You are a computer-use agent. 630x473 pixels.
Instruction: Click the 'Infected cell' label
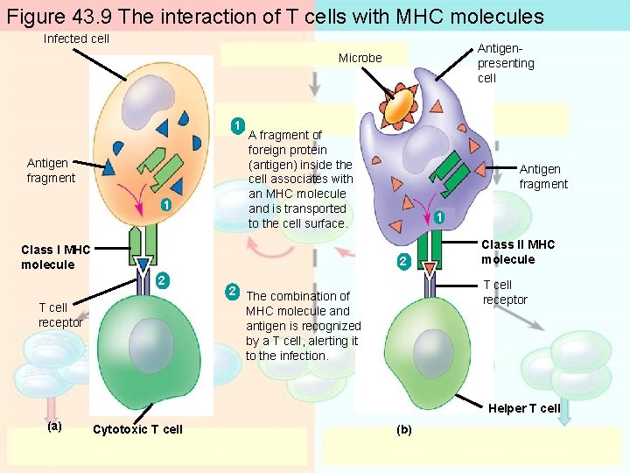coord(76,39)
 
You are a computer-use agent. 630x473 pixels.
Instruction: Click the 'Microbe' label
coord(360,58)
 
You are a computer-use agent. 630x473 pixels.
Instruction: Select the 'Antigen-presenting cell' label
coord(506,63)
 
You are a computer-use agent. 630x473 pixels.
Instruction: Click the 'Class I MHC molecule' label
coord(55,258)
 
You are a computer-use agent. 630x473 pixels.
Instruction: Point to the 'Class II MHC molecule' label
coord(518,252)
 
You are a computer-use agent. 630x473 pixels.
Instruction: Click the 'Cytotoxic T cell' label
coord(137,429)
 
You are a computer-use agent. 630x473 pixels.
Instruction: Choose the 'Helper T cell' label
coord(524,408)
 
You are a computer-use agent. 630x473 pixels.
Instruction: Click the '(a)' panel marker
coord(53,427)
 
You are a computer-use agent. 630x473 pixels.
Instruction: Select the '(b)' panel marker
coord(403,430)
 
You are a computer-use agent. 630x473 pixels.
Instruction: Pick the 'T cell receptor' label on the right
coord(505,293)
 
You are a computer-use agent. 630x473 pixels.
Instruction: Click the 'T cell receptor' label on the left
coord(60,314)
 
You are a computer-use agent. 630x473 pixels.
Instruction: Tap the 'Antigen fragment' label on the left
coord(51,171)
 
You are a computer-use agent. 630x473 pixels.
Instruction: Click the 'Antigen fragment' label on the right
coord(542,177)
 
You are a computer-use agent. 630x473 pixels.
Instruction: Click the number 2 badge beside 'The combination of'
coord(233,291)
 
